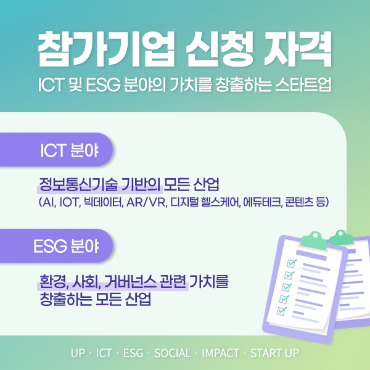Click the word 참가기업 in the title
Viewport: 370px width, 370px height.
(x=107, y=49)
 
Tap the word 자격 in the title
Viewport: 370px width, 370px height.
(x=298, y=49)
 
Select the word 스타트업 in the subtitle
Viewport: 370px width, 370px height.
(x=303, y=84)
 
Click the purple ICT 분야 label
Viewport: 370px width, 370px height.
(x=56, y=150)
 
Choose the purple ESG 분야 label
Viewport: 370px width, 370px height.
(x=56, y=245)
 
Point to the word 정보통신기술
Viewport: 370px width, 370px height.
(x=78, y=184)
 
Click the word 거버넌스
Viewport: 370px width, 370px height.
(x=130, y=282)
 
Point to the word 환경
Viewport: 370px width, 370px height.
(x=53, y=282)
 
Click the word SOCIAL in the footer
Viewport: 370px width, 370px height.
(x=173, y=353)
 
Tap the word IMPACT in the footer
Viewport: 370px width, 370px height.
(x=220, y=353)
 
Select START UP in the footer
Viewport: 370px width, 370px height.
(x=274, y=353)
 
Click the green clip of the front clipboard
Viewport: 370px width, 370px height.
(x=314, y=240)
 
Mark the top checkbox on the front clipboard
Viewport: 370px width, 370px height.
(x=291, y=263)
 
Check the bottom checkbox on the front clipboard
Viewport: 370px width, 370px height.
(x=281, y=311)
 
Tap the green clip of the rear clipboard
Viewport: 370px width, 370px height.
(x=341, y=237)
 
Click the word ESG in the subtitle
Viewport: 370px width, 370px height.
(x=103, y=84)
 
